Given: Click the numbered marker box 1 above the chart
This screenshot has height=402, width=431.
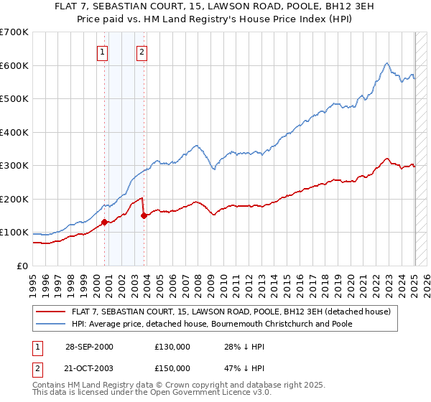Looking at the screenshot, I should tap(102, 52).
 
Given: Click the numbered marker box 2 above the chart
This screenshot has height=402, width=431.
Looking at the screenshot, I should tap(142, 52).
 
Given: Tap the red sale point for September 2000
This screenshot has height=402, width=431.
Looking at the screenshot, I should tap(104, 222).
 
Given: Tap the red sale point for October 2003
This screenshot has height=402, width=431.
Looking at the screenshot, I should tap(144, 215).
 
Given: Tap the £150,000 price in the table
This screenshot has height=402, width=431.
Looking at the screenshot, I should tap(172, 368).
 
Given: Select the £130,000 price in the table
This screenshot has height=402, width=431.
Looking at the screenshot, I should tap(172, 347).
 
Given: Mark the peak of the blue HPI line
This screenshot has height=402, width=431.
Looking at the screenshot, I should tap(386, 62).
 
